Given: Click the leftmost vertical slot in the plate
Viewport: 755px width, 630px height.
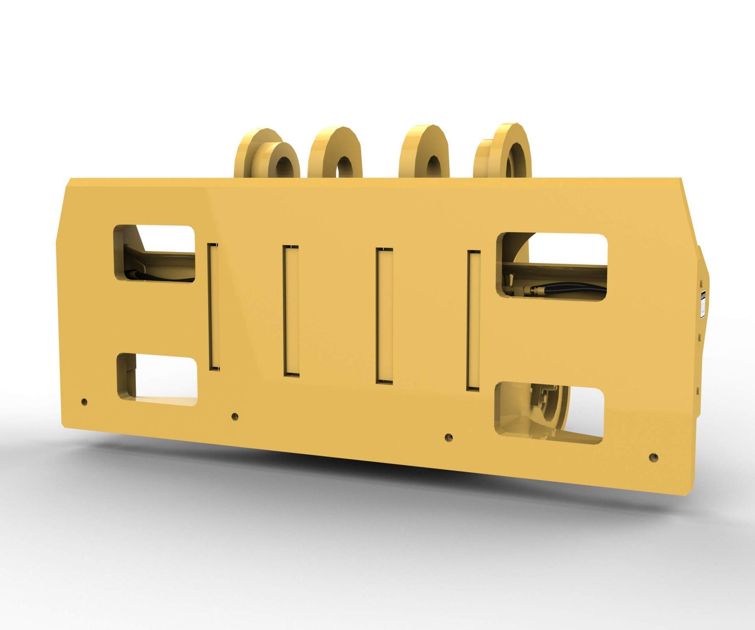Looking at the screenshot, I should [x=213, y=306].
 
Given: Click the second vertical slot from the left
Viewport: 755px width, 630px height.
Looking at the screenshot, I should [x=291, y=310].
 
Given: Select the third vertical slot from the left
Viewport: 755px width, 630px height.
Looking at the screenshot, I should [x=384, y=315].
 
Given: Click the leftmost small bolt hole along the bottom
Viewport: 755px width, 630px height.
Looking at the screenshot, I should [x=84, y=402].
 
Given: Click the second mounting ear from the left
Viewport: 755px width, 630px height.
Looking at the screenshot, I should [x=334, y=151].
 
